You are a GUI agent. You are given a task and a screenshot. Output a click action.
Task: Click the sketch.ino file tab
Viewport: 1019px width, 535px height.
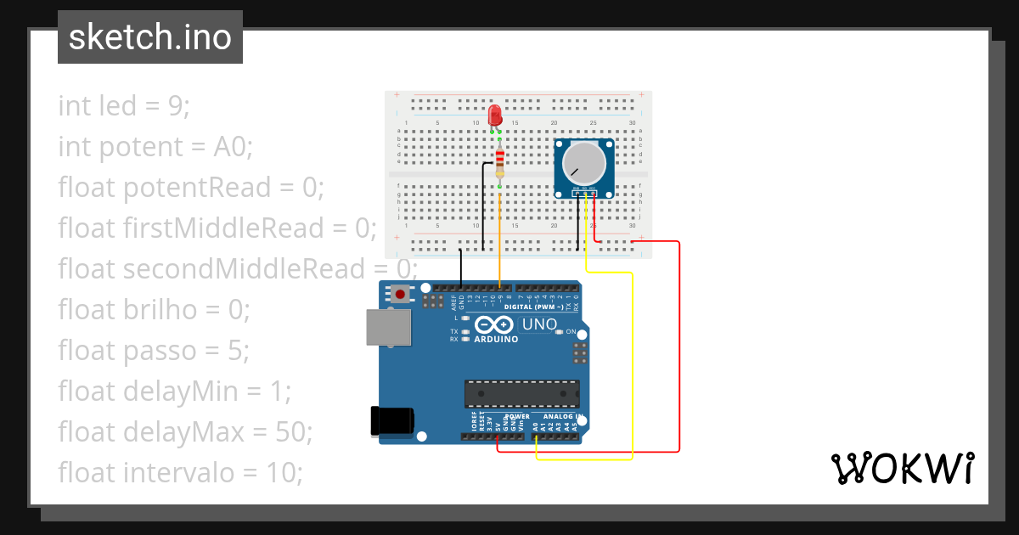pyautogui.click(x=150, y=37)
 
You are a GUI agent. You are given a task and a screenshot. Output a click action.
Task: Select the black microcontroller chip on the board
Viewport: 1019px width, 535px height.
pyautogui.click(x=521, y=394)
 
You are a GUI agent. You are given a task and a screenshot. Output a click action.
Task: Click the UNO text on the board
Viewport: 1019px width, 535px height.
pyautogui.click(x=538, y=324)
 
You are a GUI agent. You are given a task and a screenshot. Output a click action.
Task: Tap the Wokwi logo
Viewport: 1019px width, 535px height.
pyautogui.click(x=902, y=468)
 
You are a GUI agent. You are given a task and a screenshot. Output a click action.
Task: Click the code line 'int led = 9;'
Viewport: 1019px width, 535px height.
pyautogui.click(x=124, y=106)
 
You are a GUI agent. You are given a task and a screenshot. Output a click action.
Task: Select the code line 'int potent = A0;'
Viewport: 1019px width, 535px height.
pyautogui.click(x=155, y=147)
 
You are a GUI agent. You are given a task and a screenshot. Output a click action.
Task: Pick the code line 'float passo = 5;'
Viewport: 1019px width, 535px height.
pyautogui.click(x=153, y=350)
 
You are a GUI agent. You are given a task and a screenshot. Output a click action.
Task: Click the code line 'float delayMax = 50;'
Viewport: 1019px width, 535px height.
pyautogui.click(x=185, y=431)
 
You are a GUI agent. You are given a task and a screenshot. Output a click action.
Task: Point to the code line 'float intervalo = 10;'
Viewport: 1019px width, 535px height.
pyautogui.click(x=180, y=472)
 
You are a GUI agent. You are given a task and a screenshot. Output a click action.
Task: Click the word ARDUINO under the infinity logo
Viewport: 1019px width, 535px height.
pyautogui.click(x=496, y=339)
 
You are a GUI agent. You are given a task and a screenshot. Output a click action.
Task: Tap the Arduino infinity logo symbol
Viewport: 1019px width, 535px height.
pyautogui.click(x=494, y=324)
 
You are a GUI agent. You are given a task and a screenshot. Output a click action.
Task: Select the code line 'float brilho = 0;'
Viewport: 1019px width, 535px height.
pyautogui.click(x=154, y=309)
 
